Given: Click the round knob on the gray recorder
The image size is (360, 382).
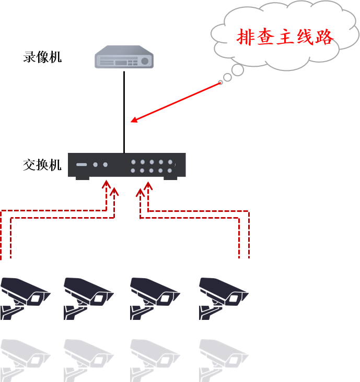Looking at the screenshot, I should pyautogui.click(x=145, y=61).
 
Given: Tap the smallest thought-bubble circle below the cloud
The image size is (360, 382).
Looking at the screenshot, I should pyautogui.click(x=220, y=82).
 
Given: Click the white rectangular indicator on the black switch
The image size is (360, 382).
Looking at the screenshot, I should pyautogui.click(x=82, y=165).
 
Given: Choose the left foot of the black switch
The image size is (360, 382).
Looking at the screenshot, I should pyautogui.click(x=83, y=178).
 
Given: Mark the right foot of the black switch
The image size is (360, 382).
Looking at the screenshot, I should pyautogui.click(x=170, y=178).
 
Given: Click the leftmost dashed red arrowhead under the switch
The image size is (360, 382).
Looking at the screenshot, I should pyautogui.click(x=106, y=185).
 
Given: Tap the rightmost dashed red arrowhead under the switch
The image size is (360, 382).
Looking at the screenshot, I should pyautogui.click(x=148, y=185).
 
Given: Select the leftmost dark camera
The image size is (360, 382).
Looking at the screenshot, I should pyautogui.click(x=24, y=297).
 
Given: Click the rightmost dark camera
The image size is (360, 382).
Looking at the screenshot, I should pyautogui.click(x=223, y=297).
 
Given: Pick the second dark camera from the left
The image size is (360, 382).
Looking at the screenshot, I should pyautogui.click(x=87, y=297).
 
